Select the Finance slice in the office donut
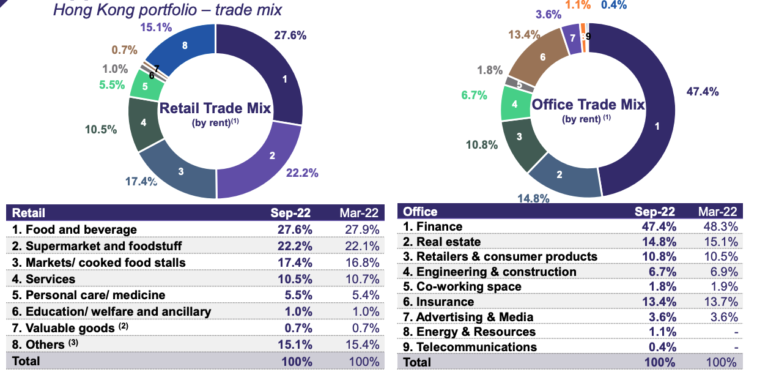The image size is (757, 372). click(x=648, y=122)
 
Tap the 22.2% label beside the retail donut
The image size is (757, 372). click(x=302, y=173)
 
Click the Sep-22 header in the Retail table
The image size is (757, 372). click(x=291, y=213)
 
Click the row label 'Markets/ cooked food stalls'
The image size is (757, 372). click(x=103, y=262)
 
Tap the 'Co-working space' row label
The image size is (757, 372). click(x=469, y=286)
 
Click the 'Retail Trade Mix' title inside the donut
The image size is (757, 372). click(x=215, y=109)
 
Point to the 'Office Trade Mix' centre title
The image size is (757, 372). click(x=588, y=105)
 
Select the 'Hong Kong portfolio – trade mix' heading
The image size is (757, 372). click(x=168, y=10)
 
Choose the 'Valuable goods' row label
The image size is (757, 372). click(x=64, y=329)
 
